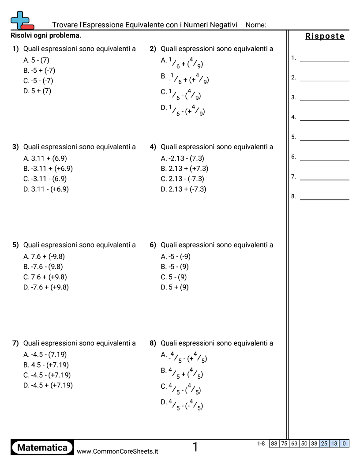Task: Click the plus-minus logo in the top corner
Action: coord(21,21)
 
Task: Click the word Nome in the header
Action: coord(255,25)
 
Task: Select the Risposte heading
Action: coord(325,37)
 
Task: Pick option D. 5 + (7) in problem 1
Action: coord(37,91)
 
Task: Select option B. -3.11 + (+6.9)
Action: coord(48,169)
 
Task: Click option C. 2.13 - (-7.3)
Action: coord(182,179)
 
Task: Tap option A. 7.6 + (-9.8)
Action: coord(45,256)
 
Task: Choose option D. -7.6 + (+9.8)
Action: coord(46,287)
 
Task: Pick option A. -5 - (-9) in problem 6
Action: coord(176,256)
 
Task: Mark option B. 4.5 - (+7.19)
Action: coord(46,365)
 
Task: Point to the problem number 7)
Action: coord(15,343)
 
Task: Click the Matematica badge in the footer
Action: coord(42,448)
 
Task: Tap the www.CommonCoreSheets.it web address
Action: coord(117,451)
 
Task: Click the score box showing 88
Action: coord(274,443)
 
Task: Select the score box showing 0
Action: coord(344,443)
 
